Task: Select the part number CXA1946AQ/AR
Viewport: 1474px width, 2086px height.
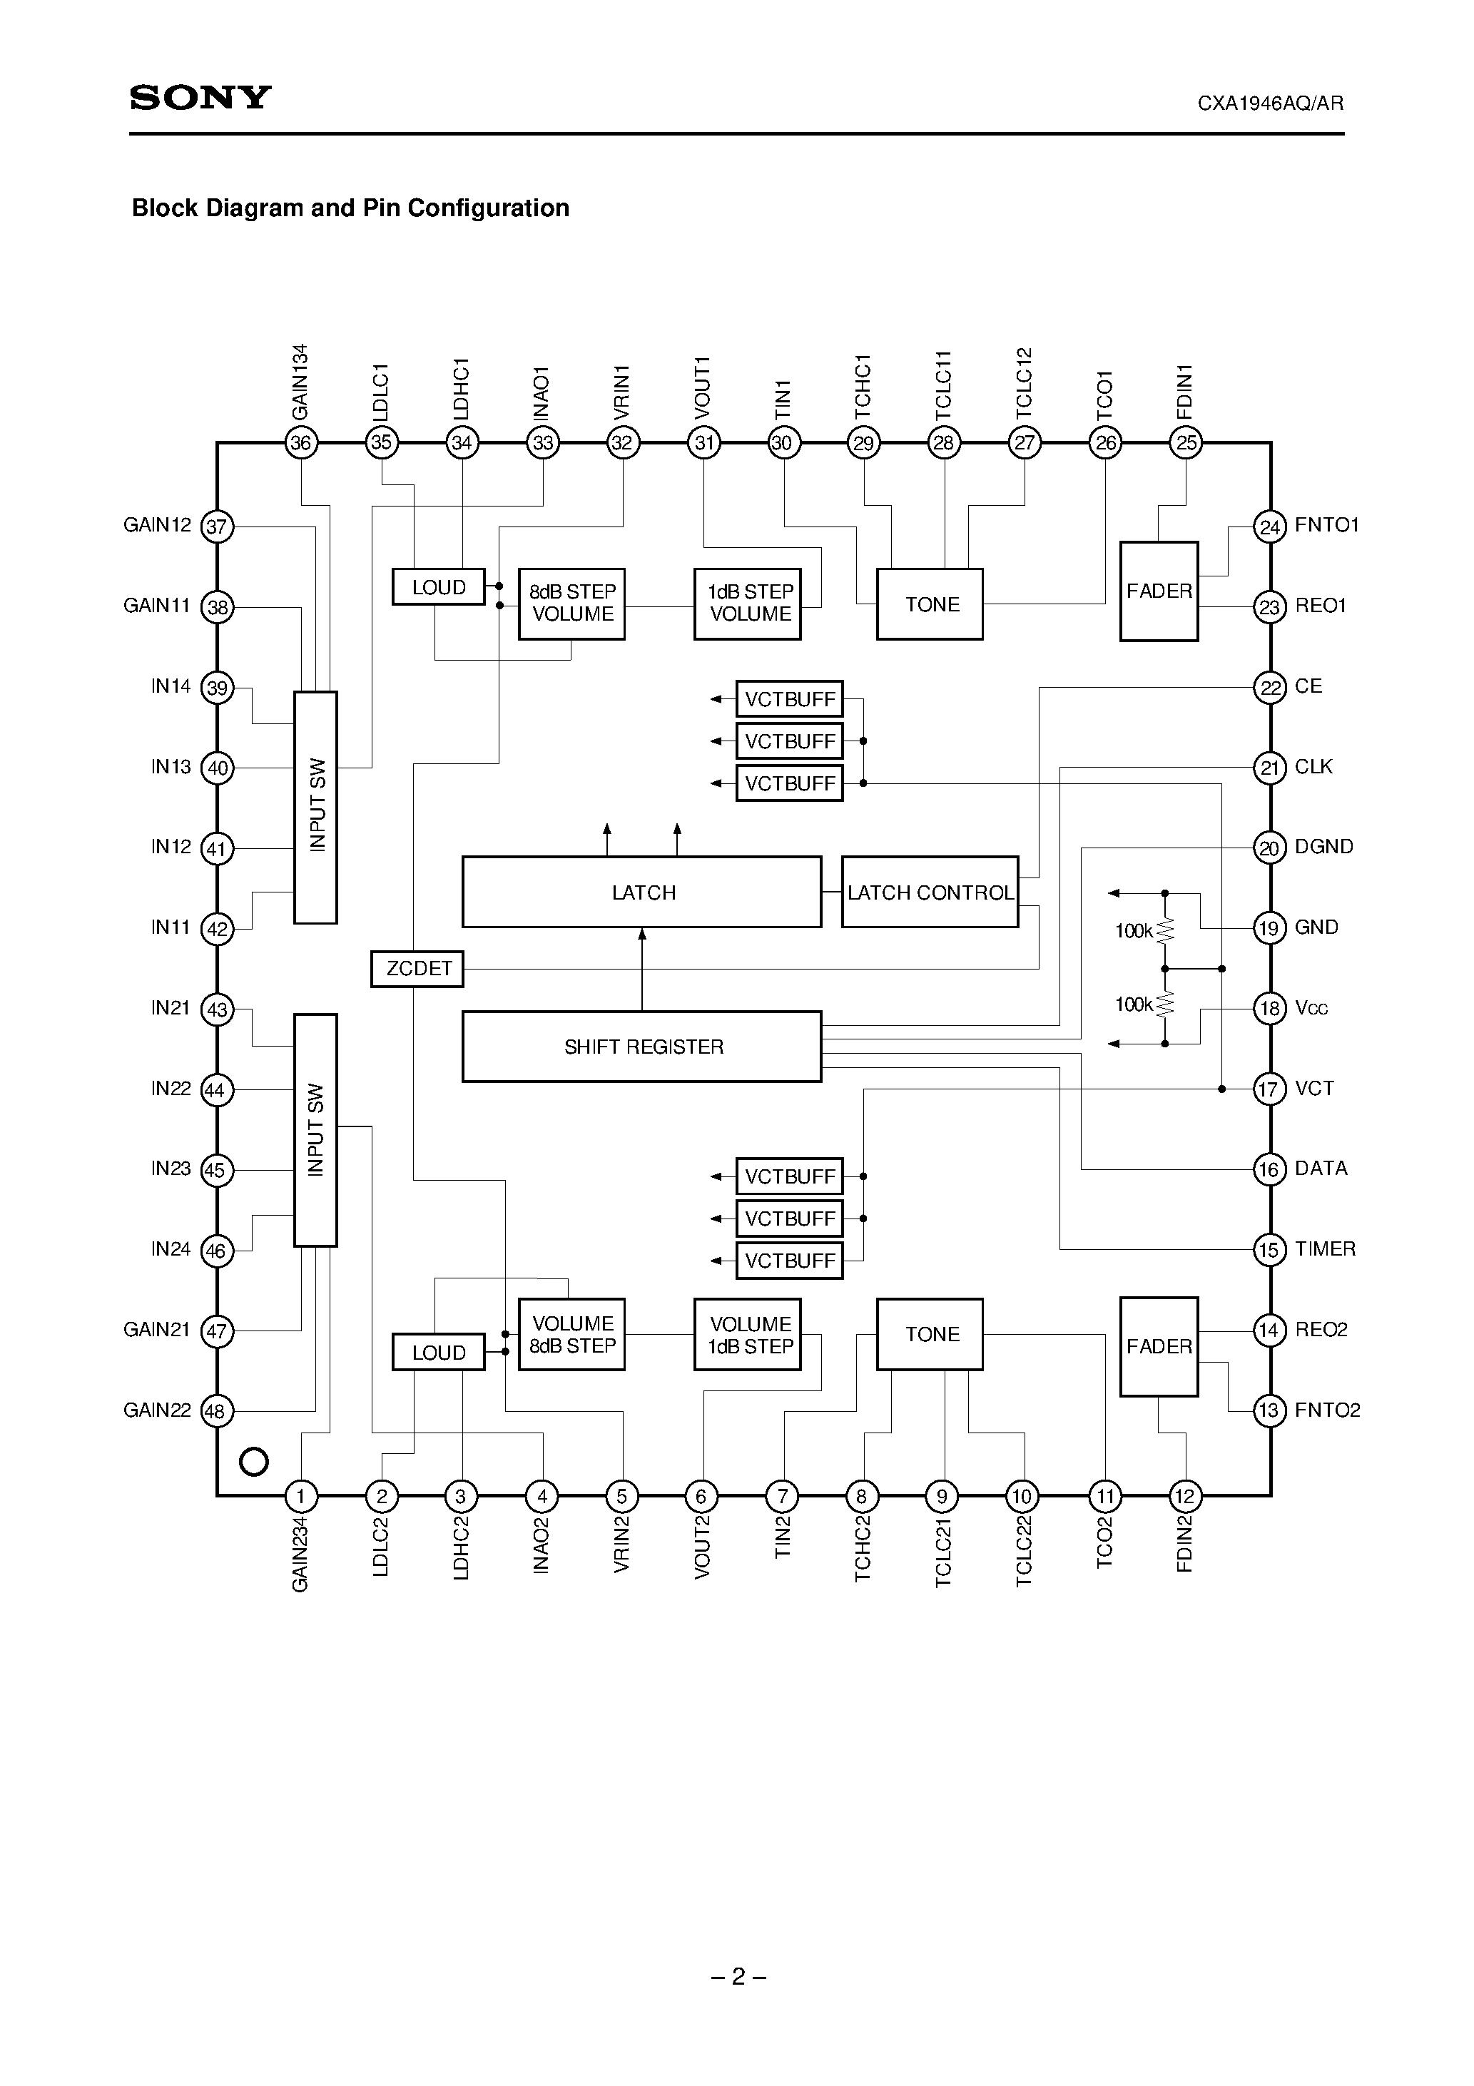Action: point(1269,103)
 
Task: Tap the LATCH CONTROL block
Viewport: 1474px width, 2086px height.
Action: point(930,892)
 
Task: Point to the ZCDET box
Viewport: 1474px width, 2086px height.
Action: point(418,969)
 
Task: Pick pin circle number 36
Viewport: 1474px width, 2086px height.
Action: point(301,443)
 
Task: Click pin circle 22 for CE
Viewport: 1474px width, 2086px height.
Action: point(1269,688)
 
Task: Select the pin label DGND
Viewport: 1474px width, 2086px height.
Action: point(1323,847)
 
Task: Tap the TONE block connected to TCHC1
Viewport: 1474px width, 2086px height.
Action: point(930,604)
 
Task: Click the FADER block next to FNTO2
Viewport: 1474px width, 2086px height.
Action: point(1159,1346)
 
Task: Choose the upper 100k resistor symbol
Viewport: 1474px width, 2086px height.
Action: point(1165,930)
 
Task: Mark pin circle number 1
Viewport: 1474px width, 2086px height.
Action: point(301,1495)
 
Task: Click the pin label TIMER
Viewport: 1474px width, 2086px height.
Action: point(1324,1249)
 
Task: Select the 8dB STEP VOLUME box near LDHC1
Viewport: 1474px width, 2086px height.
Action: point(571,604)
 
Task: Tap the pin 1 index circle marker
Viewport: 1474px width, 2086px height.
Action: point(253,1462)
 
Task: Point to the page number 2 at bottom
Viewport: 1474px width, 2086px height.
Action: point(738,1976)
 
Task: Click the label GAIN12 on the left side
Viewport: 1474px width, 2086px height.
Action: point(157,525)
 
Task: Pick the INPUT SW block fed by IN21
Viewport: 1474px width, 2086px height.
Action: point(315,1130)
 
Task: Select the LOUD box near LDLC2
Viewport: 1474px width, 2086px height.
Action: point(438,1352)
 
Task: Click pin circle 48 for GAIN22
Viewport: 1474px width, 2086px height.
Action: point(216,1412)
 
